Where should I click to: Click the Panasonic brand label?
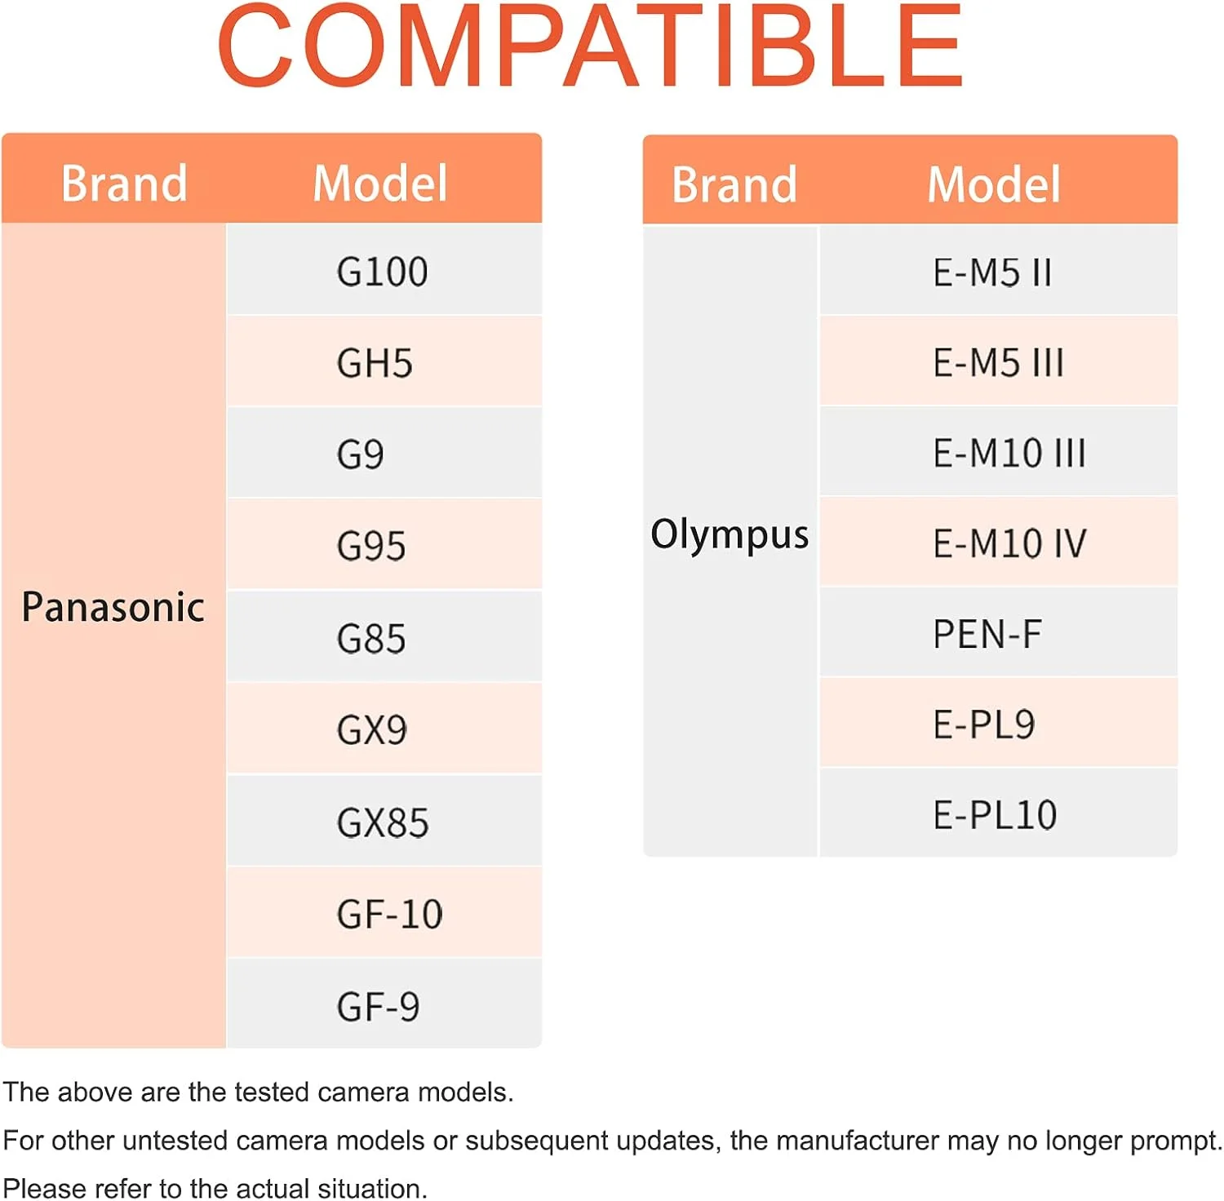coord(113,607)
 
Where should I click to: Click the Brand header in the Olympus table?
coord(734,184)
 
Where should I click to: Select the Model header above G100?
coord(380,183)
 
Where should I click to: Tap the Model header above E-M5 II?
coord(994,184)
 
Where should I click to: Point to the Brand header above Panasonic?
coord(124,183)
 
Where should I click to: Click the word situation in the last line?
coord(372,1188)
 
